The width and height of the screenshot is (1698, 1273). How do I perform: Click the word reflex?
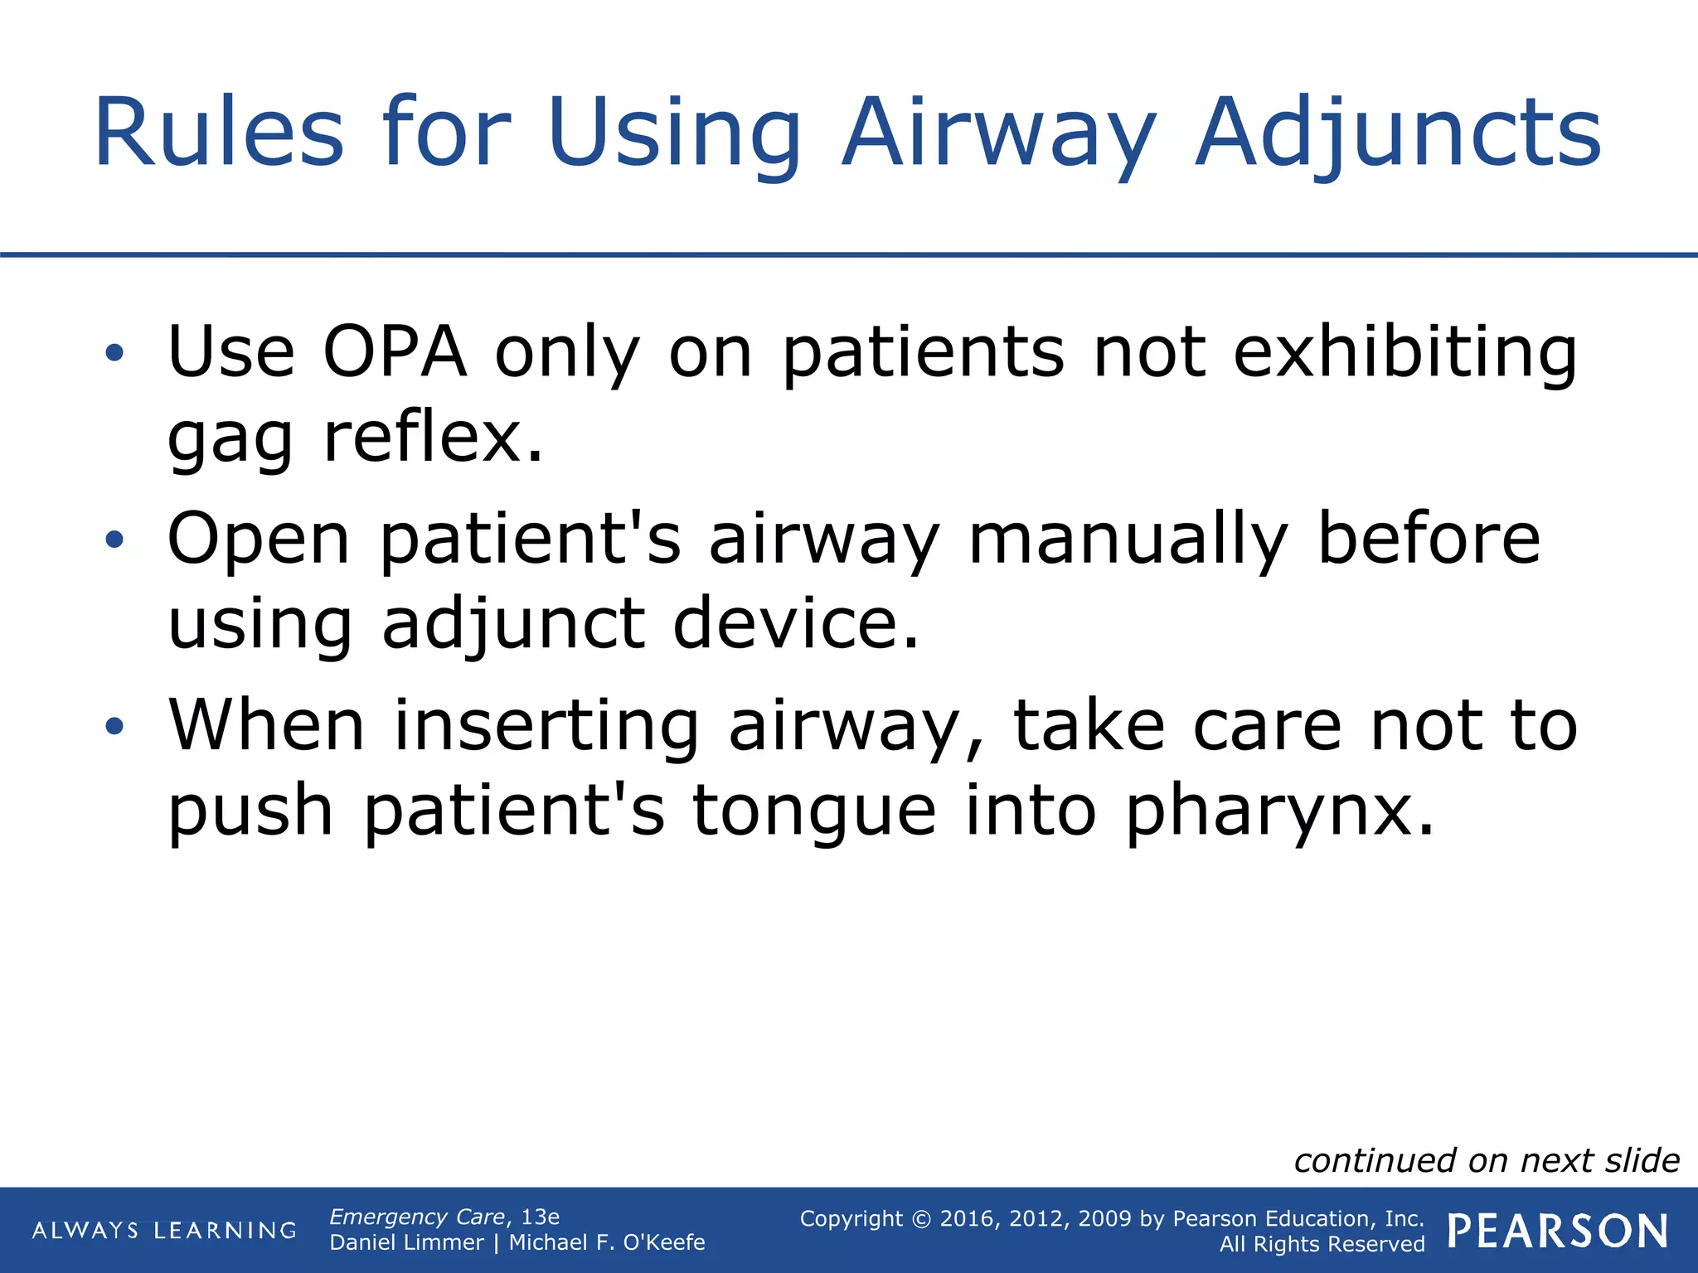click(433, 438)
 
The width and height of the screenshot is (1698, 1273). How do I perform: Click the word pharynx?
click(1278, 811)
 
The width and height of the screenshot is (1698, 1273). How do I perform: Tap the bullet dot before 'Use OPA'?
click(114, 354)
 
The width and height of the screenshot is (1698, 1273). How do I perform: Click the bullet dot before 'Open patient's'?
click(114, 541)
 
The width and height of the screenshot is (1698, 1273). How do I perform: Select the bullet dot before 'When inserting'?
click(114, 727)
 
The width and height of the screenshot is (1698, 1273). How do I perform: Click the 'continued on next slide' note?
click(1487, 1160)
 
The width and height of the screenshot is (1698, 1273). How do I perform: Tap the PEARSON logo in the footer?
click(1558, 1231)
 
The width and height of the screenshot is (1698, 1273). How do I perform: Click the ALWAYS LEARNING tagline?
click(164, 1231)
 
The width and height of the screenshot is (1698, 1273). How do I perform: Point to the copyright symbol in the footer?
click(921, 1219)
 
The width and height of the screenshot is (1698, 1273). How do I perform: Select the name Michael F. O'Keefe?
click(607, 1243)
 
